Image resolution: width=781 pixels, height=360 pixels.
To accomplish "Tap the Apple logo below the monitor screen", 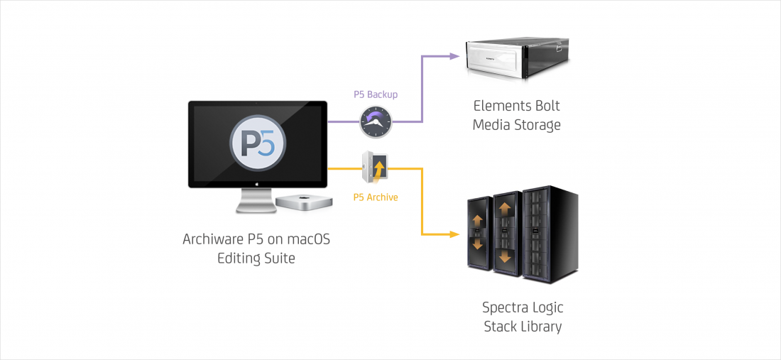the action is pos(258,184).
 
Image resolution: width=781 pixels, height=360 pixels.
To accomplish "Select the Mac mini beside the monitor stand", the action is pos(296,201).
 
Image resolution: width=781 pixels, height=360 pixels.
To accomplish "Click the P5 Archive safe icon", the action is pos(376,168).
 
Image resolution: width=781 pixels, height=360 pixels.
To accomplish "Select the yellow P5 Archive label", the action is pos(376,197).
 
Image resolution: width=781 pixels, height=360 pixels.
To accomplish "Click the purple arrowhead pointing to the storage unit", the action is pos(454,56).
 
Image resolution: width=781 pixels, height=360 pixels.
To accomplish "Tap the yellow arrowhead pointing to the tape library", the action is pos(454,234).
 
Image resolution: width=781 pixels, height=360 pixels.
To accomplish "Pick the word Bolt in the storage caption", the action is pos(547,106).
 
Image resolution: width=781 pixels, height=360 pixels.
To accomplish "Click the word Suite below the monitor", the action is pos(280,259).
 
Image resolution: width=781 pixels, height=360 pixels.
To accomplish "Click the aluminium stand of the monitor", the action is pos(256,201).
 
